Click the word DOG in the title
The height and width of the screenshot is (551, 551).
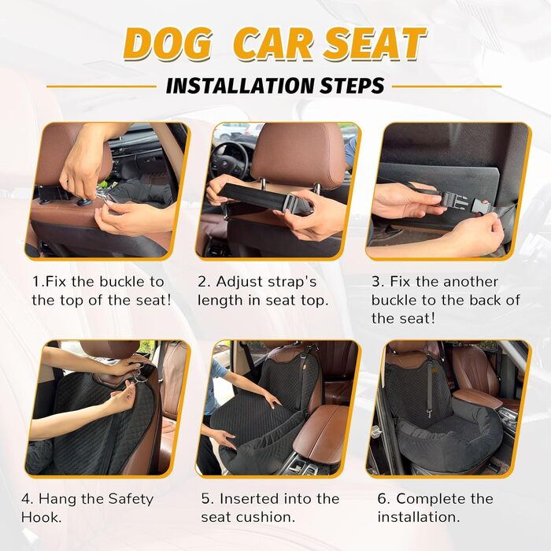pyautogui.click(x=168, y=43)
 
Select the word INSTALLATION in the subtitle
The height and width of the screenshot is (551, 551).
pyautogui.click(x=239, y=86)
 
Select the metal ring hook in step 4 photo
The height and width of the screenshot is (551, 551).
pyautogui.click(x=139, y=379)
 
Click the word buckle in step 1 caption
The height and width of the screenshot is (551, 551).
pyautogui.click(x=123, y=282)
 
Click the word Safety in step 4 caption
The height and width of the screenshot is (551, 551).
pyautogui.click(x=131, y=500)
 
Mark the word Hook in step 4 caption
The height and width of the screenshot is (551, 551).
pyautogui.click(x=41, y=517)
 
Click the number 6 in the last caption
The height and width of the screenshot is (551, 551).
pyautogui.click(x=383, y=499)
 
